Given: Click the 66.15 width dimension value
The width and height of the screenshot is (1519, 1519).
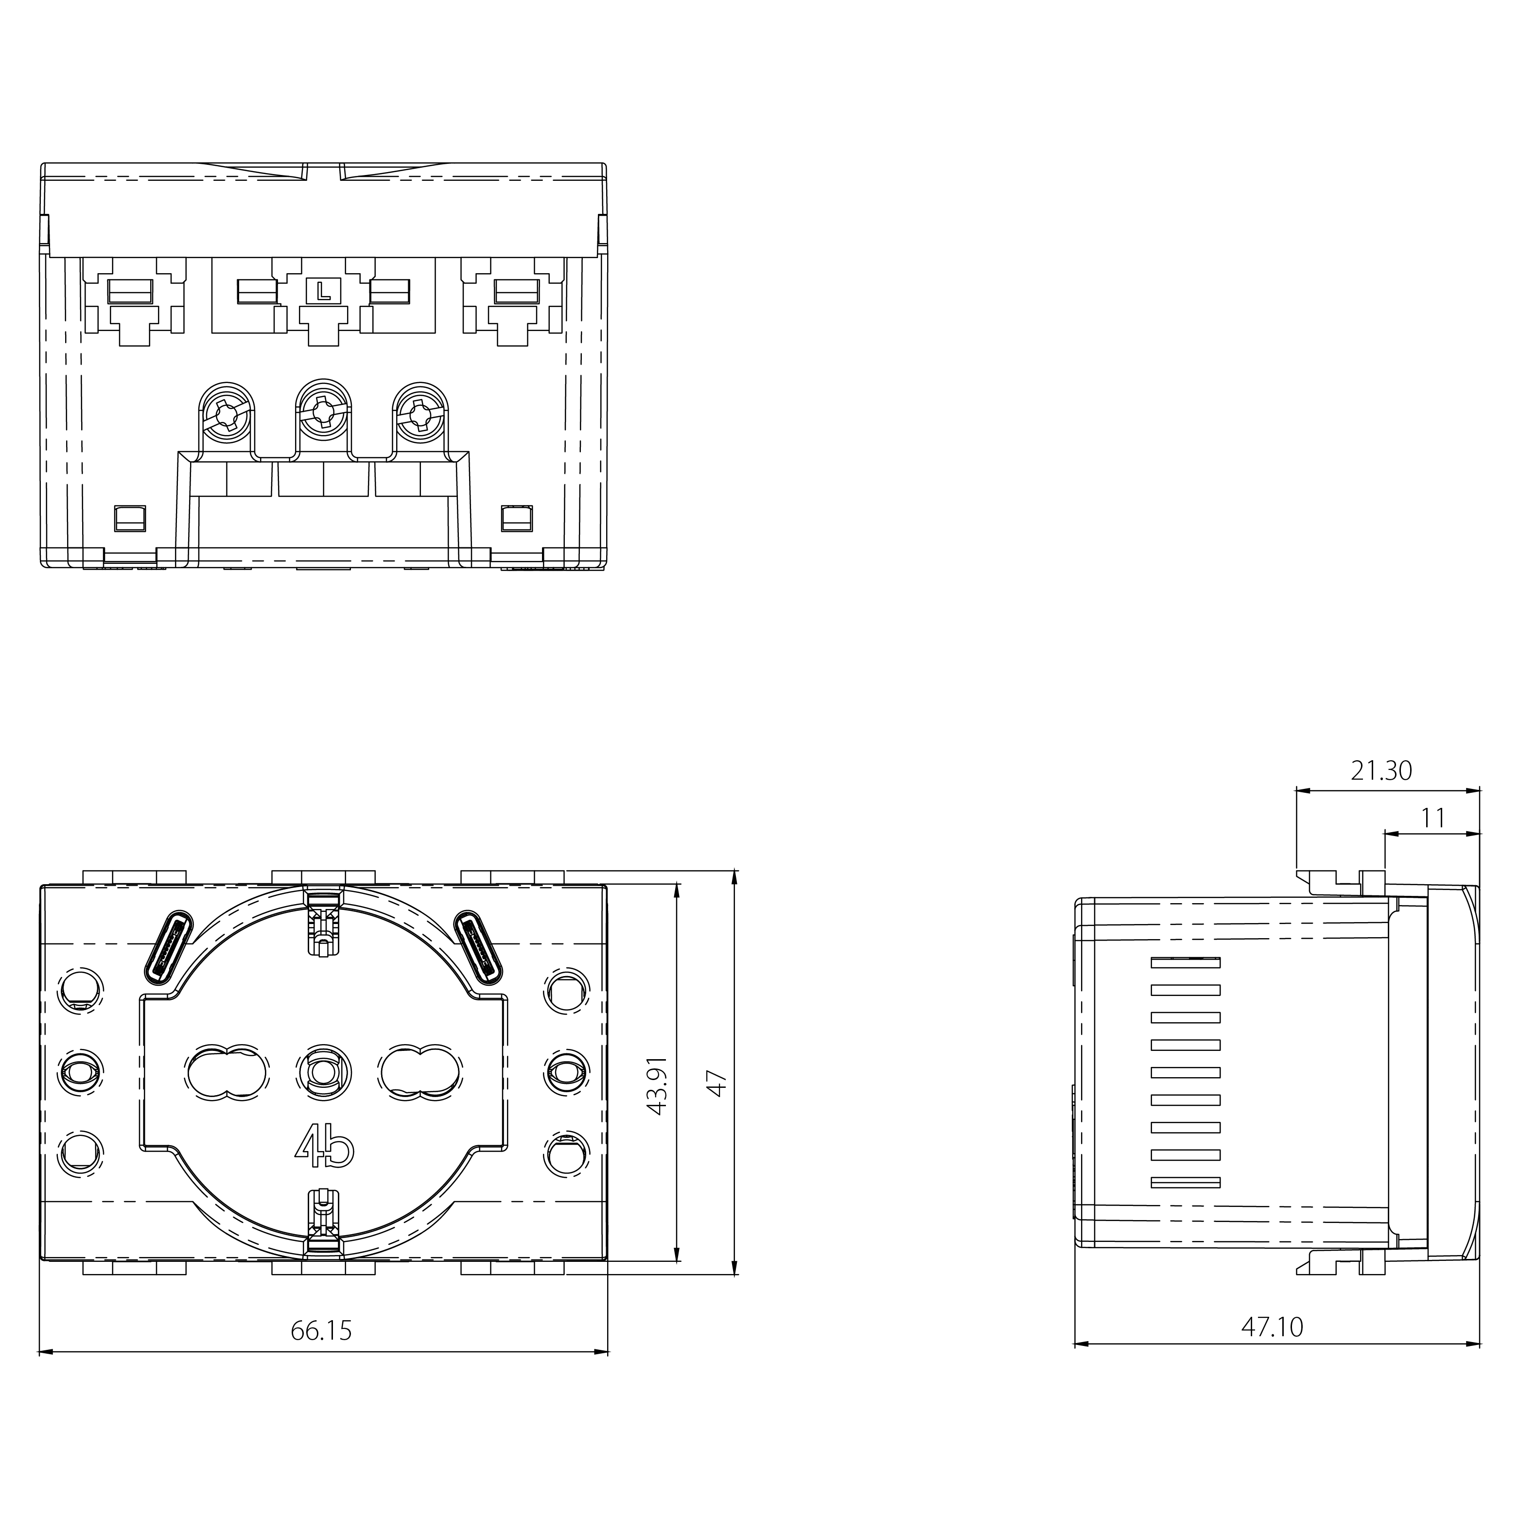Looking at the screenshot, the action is point(322,1330).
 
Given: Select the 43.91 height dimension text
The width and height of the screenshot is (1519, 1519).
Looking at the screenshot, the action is point(657,1085).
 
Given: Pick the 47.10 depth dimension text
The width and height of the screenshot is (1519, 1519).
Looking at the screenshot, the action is point(1272,1327).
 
